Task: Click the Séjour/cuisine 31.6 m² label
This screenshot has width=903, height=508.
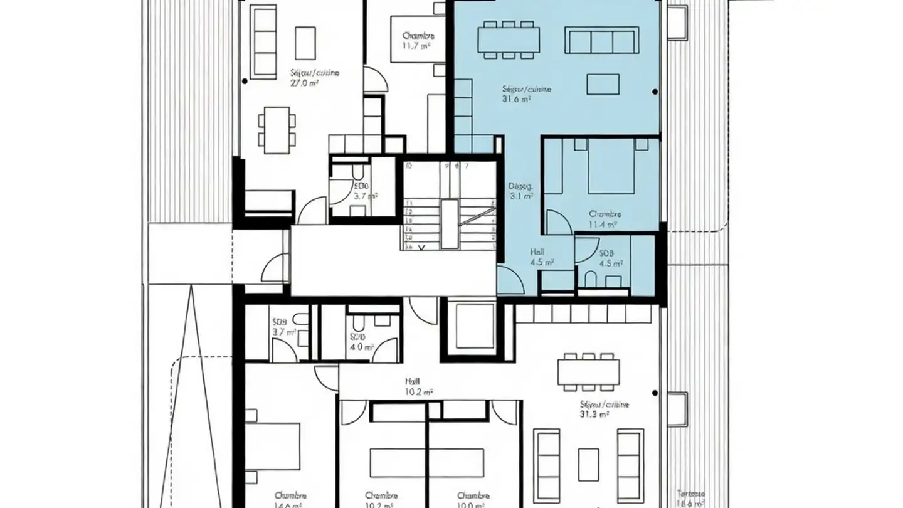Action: point(526,93)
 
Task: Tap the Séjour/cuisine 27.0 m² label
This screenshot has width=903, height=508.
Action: point(314,77)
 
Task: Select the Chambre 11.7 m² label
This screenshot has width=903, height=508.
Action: point(418,41)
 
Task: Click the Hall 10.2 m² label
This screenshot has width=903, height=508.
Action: point(419,386)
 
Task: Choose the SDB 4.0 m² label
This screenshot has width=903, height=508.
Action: point(362,341)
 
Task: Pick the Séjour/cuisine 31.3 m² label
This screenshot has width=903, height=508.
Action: point(604,409)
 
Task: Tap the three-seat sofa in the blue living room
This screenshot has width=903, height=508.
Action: point(601,40)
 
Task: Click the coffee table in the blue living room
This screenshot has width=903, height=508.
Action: point(603,84)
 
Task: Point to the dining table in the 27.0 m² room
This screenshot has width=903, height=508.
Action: point(277,130)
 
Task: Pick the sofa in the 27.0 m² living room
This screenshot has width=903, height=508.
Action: point(263,43)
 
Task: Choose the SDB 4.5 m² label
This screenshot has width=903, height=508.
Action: point(606,258)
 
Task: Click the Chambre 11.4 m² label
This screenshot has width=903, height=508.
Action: point(604,218)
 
